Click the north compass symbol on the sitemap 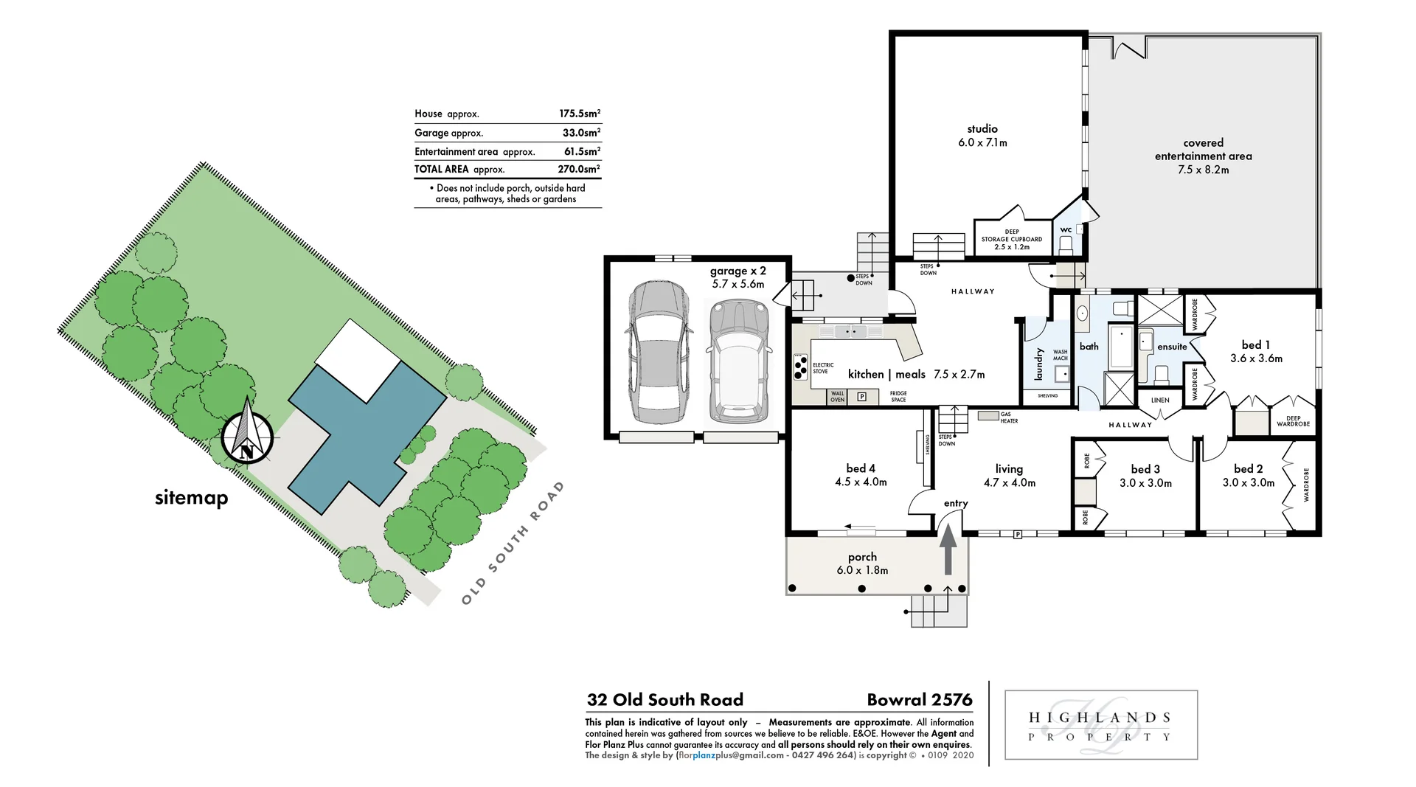coord(248,438)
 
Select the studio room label coord(982,136)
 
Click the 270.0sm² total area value coord(579,169)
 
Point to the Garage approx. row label coord(448,133)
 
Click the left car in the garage coord(659,352)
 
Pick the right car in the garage coord(739,359)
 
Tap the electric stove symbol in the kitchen coord(800,367)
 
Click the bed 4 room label coord(861,475)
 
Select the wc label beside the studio coord(1066,230)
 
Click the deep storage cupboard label coord(1012,239)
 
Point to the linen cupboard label coord(1160,401)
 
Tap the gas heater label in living coord(1009,417)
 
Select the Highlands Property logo coord(1100,726)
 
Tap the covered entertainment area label coord(1203,156)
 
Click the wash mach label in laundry coord(1060,355)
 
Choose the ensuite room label coord(1172,347)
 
